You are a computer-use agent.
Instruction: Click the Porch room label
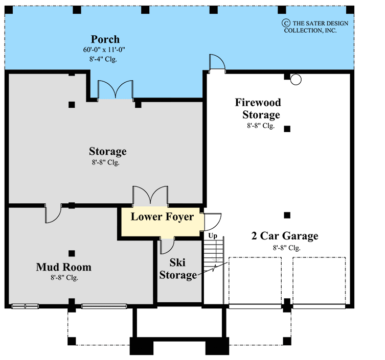point(105,39)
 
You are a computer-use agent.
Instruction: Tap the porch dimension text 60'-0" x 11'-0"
point(105,50)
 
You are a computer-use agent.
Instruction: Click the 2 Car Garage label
point(285,236)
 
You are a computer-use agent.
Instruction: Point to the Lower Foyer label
point(162,217)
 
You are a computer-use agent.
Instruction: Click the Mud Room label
point(64,267)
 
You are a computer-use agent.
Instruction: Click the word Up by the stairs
point(212,236)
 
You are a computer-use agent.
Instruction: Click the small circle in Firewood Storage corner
point(296,79)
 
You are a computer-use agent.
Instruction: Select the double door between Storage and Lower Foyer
point(150,196)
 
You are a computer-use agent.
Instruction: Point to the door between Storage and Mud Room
point(53,213)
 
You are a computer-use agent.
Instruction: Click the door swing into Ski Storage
point(167,246)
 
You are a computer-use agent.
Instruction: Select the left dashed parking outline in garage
point(255,281)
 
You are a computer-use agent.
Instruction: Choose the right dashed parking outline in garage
point(319,281)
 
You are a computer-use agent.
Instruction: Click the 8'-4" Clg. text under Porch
point(105,59)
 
